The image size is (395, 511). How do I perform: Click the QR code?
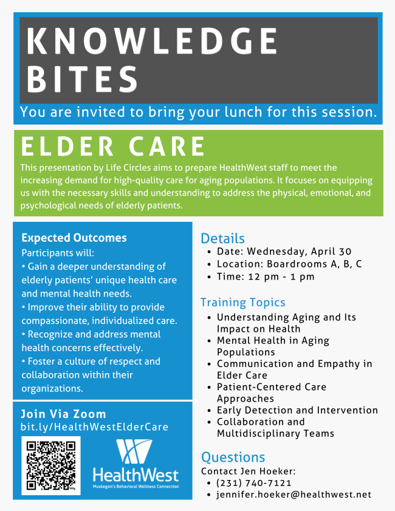coord(51,465)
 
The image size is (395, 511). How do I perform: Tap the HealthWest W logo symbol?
coord(134,451)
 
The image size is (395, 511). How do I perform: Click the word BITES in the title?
coord(83,79)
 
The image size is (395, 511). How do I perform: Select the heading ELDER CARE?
coord(113,146)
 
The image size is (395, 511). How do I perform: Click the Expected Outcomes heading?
coord(74,238)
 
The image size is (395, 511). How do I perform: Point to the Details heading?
coord(222,239)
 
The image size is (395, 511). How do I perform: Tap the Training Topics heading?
coord(243,303)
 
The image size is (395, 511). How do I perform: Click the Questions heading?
coord(233,458)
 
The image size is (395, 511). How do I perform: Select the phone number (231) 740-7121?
coord(254,483)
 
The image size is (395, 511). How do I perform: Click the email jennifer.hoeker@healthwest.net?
coord(294,495)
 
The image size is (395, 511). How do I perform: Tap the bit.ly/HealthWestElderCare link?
coord(95,427)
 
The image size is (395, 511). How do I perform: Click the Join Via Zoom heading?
coord(64,414)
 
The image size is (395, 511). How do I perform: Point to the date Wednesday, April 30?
coord(299,252)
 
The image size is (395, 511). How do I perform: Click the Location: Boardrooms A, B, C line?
coord(289,264)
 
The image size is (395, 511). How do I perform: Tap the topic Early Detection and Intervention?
coord(298,410)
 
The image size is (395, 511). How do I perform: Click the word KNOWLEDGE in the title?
coord(152,41)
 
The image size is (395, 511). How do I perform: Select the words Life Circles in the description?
coord(128,168)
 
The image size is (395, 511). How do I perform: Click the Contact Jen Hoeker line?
coord(249,472)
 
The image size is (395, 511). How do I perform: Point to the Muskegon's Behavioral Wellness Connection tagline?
coord(136,487)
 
